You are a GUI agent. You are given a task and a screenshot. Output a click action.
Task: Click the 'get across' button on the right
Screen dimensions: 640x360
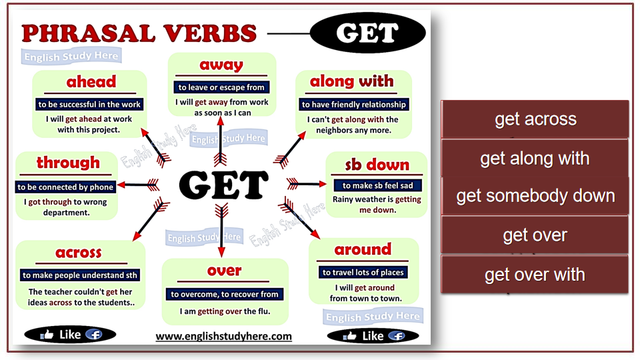tap(535, 119)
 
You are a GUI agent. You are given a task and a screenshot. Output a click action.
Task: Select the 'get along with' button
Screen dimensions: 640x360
tap(535, 158)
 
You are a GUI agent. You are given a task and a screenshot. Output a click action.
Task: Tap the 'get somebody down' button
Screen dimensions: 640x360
tap(535, 196)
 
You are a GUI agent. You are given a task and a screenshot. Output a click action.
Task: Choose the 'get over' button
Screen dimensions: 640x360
tap(535, 235)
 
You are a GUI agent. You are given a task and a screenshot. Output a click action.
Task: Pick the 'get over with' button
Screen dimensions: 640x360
tap(535, 274)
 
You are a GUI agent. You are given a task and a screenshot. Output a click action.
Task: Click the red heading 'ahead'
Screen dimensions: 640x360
tap(91, 81)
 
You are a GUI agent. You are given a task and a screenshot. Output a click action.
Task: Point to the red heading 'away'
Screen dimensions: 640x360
tap(221, 65)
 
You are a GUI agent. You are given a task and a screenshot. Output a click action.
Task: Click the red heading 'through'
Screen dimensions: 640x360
tap(68, 163)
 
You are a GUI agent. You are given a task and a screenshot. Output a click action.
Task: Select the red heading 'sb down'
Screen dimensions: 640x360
tap(377, 165)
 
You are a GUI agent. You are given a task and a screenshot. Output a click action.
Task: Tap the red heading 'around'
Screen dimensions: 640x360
tap(363, 249)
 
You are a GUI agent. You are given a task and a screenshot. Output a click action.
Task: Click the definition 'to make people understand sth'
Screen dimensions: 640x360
tap(80, 275)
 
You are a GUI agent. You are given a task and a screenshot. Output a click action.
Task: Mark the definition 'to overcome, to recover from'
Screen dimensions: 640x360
tap(225, 294)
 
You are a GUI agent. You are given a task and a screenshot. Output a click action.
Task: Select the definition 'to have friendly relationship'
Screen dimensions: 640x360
tap(354, 105)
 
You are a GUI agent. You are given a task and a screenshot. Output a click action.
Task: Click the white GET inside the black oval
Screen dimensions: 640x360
tap(367, 33)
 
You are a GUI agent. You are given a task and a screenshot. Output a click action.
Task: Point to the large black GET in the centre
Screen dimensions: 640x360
tap(224, 185)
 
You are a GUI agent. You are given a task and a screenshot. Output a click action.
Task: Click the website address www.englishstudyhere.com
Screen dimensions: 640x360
tap(224, 336)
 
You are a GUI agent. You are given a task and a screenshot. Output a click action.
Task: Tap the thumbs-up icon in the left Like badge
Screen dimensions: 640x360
tap(47, 335)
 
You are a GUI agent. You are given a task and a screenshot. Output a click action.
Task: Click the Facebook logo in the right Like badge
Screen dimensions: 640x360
tap(396, 336)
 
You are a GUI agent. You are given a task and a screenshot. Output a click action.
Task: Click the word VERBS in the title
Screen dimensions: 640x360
tap(210, 33)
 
